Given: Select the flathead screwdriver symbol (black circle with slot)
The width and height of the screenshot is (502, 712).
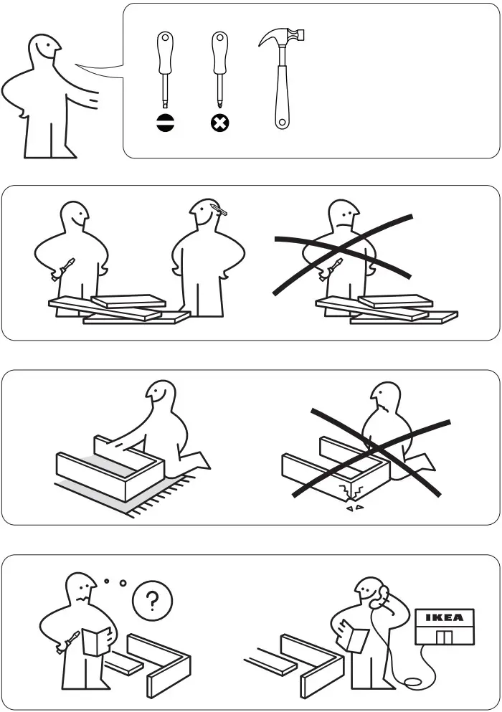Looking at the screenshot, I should (x=165, y=123).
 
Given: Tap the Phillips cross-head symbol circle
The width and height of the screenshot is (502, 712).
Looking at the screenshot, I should (x=219, y=123).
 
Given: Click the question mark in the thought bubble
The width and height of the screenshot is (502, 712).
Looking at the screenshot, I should (x=152, y=601).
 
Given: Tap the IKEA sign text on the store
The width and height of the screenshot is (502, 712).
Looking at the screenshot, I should (x=445, y=617).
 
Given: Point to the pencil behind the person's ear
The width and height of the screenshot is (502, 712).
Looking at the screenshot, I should (x=221, y=209).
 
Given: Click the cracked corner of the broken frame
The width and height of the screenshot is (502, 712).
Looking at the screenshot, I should (x=351, y=492).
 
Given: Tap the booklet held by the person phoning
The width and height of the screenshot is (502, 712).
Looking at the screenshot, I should (x=354, y=635).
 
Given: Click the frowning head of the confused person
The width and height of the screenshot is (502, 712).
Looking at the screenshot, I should (x=81, y=590).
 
